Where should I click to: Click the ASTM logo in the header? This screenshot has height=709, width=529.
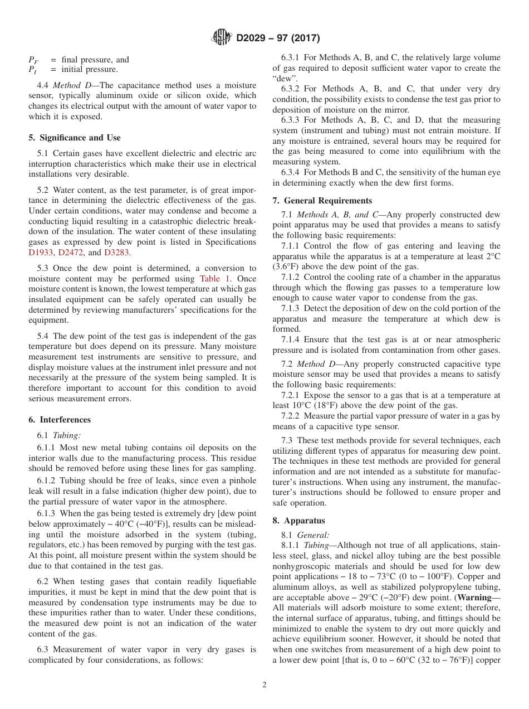click(222, 38)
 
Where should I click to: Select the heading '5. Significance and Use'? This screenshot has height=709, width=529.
click(75, 138)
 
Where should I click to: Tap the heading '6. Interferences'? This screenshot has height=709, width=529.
click(60, 420)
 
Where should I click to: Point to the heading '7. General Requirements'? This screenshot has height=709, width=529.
click(322, 201)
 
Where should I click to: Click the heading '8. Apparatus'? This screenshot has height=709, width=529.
click(299, 521)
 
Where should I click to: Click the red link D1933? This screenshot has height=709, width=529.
click(42, 252)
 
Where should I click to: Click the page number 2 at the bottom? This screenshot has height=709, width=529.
click(264, 685)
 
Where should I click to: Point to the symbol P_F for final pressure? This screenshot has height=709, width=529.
click(33, 60)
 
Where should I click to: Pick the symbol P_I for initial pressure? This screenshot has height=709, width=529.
click(32, 70)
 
